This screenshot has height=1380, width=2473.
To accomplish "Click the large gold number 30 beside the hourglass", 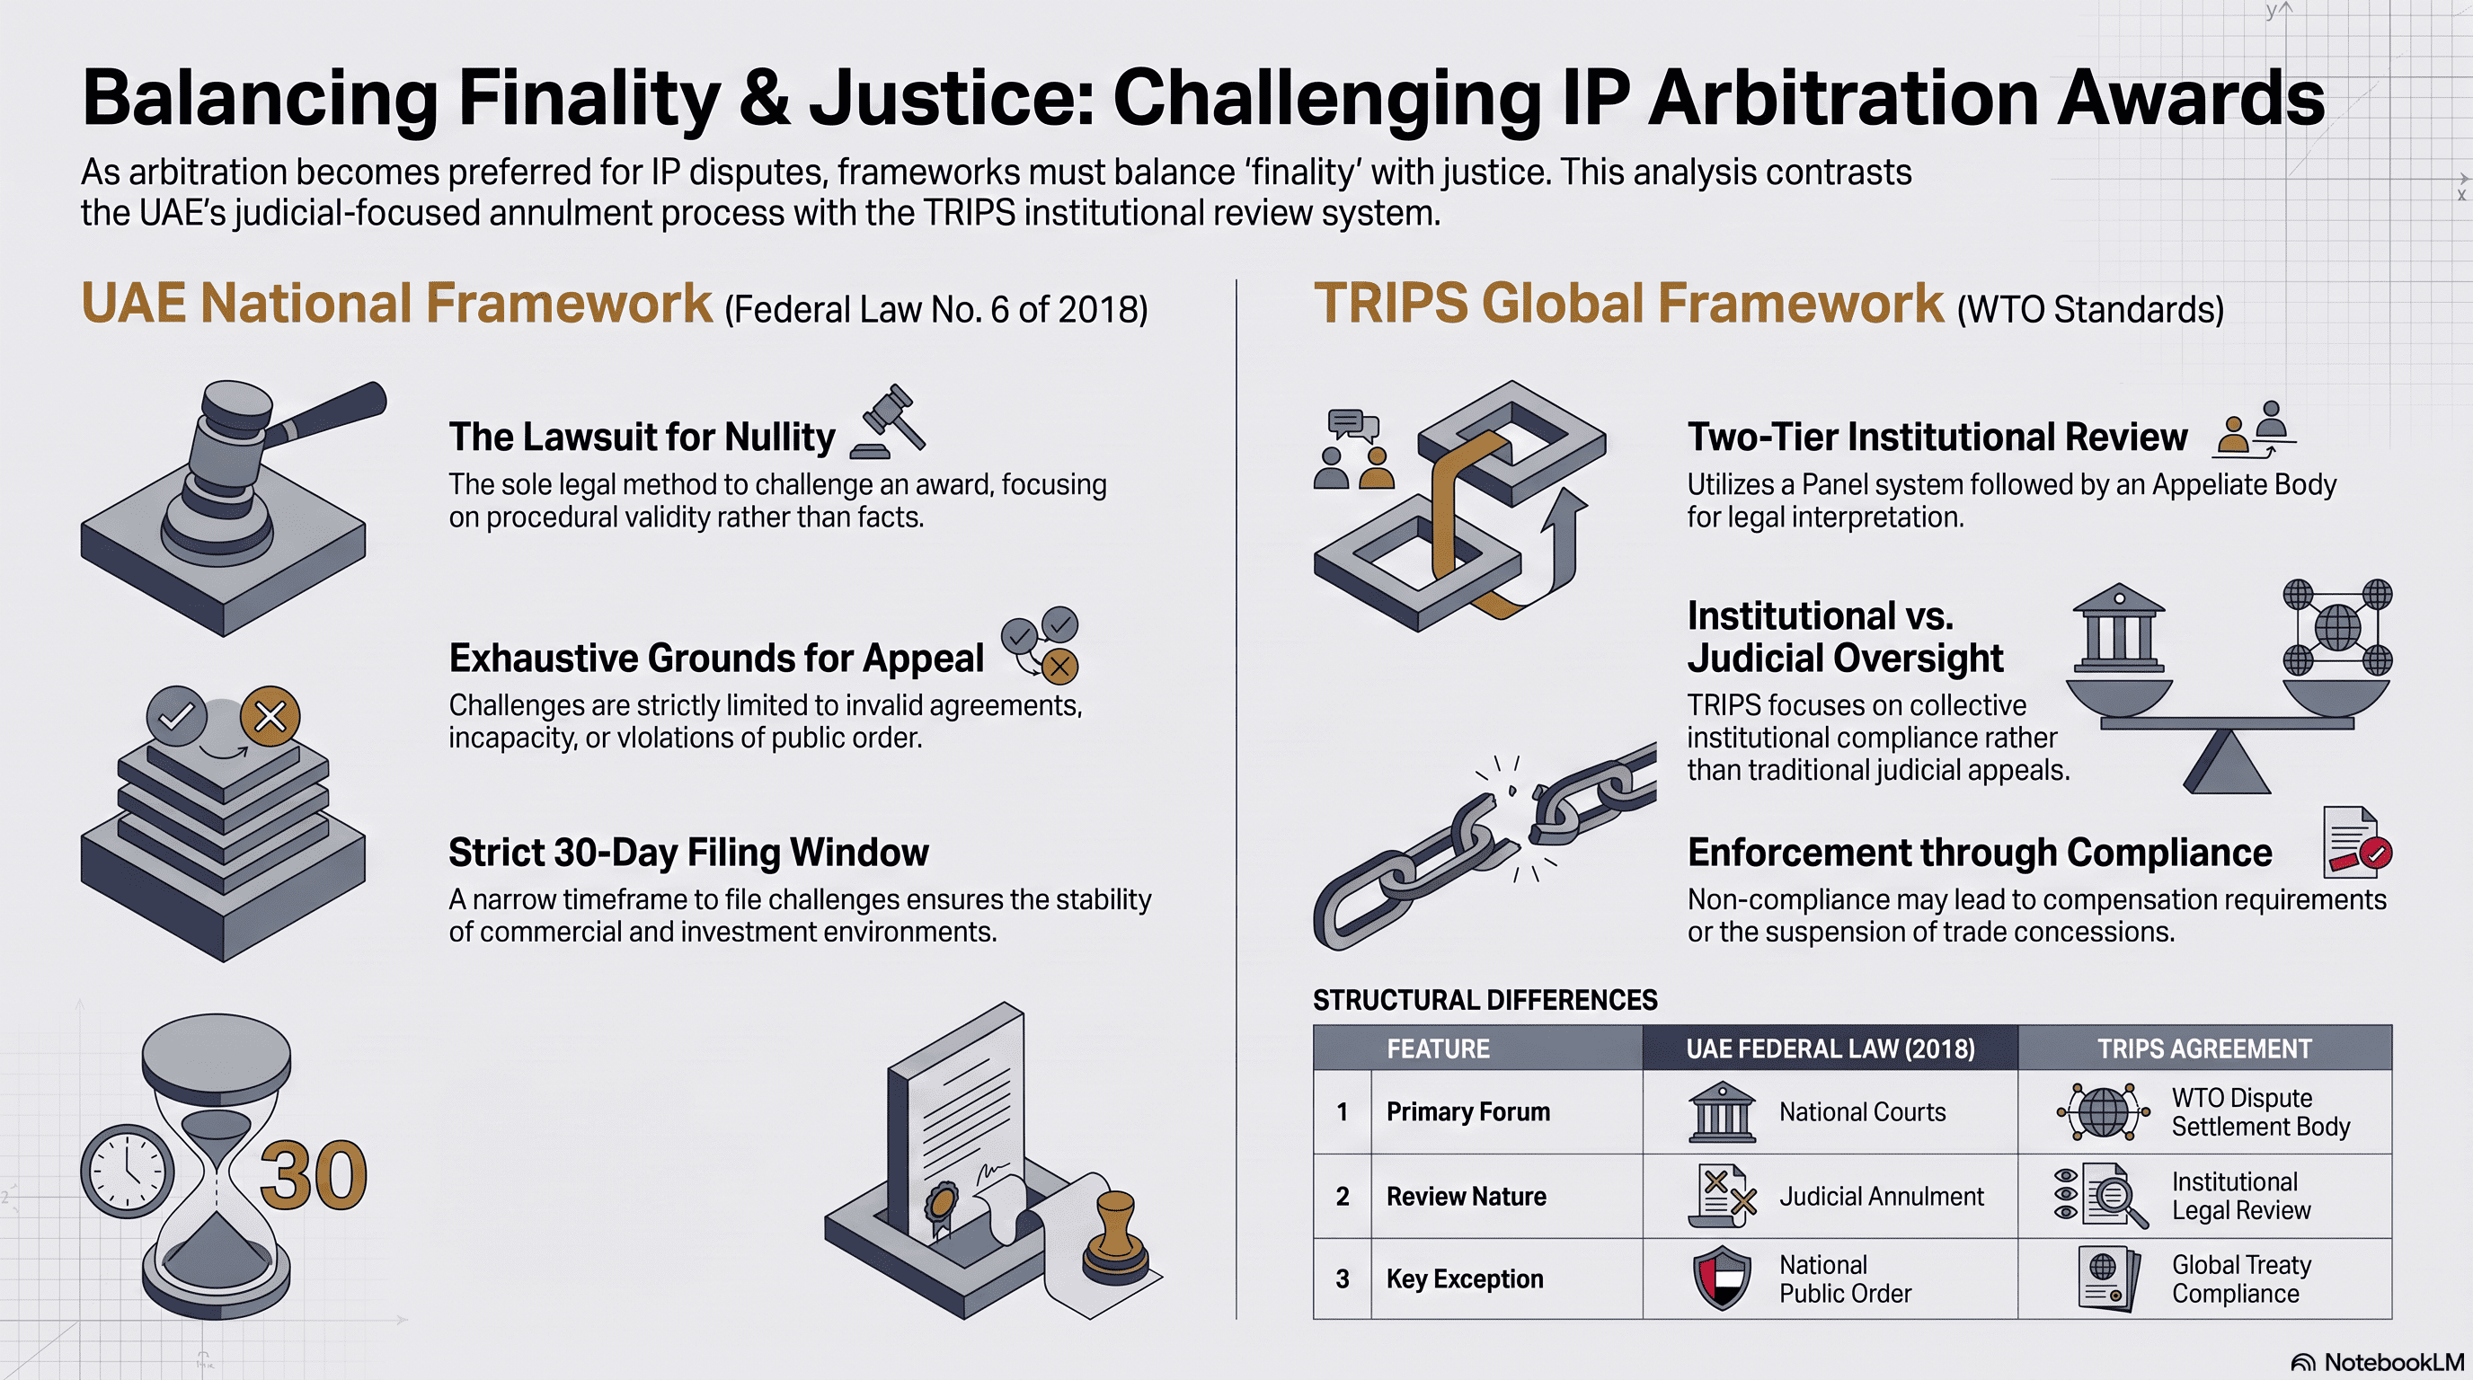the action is pos(314,1174).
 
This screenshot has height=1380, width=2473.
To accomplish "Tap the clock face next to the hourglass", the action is pos(127,1171).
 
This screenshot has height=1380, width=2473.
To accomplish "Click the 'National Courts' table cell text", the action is pos(1863,1111).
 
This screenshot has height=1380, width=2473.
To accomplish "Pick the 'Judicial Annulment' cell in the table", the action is pos(1882,1196).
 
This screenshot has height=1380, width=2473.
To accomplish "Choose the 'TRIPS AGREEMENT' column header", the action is pos(2204,1048).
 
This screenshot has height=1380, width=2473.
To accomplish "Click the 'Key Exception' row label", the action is pos(1465,1279).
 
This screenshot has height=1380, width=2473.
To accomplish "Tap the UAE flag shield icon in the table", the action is pos(1723,1278).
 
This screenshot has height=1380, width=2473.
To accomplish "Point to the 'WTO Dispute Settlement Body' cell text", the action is pos(2261,1112).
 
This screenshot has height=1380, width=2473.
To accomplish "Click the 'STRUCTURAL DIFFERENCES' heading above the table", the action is pos(1485,1000).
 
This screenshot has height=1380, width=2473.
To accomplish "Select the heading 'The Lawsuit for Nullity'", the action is pos(643,437).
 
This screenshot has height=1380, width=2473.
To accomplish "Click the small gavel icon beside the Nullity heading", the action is pos(889,421).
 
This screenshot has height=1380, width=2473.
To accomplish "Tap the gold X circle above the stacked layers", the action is pos(270,716).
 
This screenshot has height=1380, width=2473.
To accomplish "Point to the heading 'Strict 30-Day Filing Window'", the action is pos(688,853).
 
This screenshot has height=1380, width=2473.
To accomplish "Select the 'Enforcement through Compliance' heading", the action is pos(1980,853).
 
